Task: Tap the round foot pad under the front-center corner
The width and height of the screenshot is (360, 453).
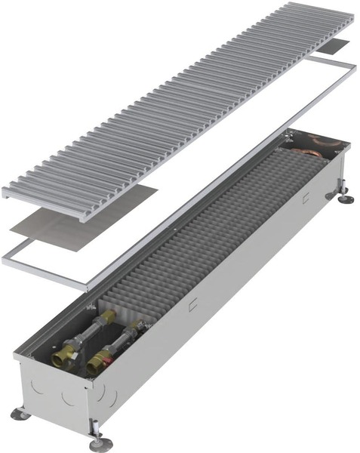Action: pyautogui.click(x=100, y=445)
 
